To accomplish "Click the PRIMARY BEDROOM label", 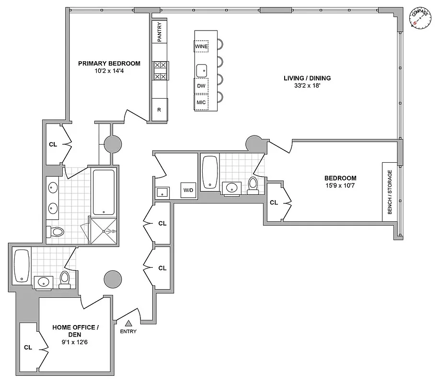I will [109, 63].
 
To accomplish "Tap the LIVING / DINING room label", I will [307, 78].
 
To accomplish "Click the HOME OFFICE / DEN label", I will [75, 331].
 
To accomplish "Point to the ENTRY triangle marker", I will [128, 324].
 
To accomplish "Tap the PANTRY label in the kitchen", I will [160, 32].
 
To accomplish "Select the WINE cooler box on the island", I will [201, 46].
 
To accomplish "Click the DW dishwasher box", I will [201, 86].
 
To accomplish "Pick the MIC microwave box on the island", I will [201, 102].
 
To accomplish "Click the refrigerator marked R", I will [160, 110].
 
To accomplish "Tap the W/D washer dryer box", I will [188, 190].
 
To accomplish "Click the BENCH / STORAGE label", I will [390, 192].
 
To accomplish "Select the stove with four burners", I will [160, 70].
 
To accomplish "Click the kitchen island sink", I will [202, 70].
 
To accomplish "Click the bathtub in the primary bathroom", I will [104, 191].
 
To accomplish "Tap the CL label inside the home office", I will [28, 348].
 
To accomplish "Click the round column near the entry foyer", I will [113, 279].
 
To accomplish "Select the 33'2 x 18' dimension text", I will [307, 87].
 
